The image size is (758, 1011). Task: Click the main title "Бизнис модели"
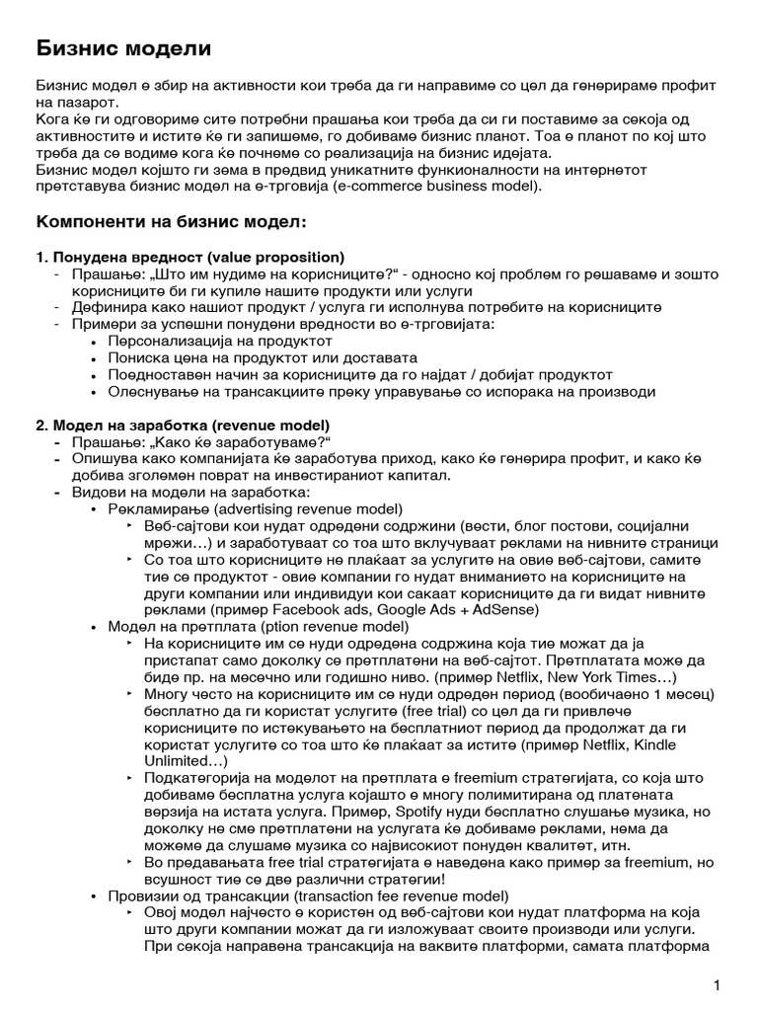coord(123,47)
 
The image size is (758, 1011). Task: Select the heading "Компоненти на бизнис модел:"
coord(171,220)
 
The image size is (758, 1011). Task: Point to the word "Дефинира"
coord(105,307)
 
